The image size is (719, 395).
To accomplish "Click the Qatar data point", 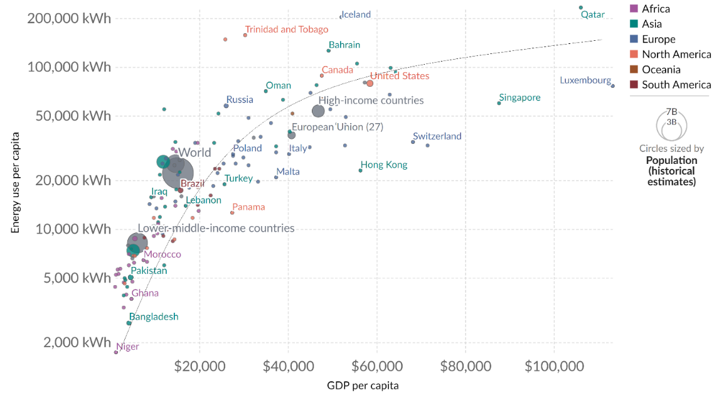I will pos(580,8).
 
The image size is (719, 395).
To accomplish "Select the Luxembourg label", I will pos(585,80).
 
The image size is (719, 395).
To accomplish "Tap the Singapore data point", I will pos(499,103).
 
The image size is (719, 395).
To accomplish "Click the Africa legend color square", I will pos(634,9).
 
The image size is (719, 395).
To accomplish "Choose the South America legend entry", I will pos(676,85).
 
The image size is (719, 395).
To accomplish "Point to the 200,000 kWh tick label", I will pos(69,18).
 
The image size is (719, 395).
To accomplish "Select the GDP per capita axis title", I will pos(363,385).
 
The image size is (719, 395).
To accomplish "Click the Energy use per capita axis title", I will pos(15,182).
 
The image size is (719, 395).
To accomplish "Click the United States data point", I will pos(370,84).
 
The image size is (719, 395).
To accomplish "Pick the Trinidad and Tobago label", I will pos(286,30).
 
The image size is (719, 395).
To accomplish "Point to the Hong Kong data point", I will pos(360,170).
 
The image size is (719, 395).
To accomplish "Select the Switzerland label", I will pos(437,136).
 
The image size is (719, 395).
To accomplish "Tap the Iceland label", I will pos(356,14).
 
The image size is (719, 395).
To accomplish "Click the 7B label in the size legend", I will pos(671,111).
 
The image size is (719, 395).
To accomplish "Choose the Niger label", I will pos(128,346).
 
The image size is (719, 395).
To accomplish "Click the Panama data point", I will pos(232,212).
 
